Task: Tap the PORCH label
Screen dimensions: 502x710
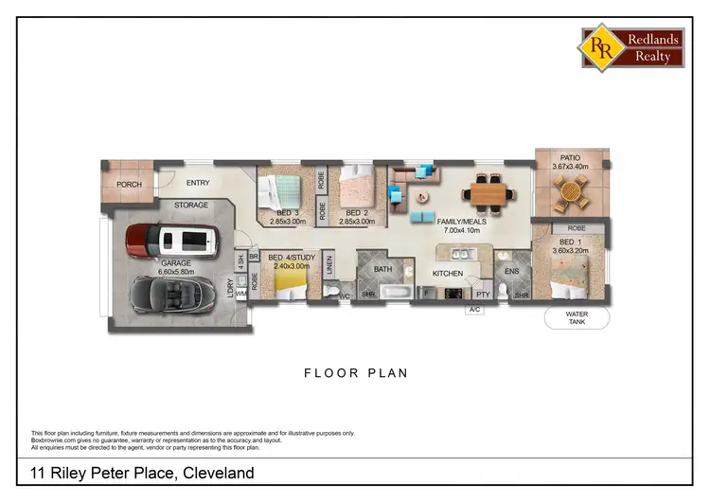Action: (x=129, y=185)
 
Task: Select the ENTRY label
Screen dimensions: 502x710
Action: (x=199, y=183)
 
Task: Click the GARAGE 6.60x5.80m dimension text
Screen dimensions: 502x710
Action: (x=175, y=267)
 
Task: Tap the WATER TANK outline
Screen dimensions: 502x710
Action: (x=577, y=318)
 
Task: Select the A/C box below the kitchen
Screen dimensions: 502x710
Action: (x=475, y=310)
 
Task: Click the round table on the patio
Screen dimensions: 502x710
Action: (x=570, y=194)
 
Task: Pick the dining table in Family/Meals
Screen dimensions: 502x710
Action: (x=488, y=192)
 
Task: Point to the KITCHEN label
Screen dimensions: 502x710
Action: (x=448, y=273)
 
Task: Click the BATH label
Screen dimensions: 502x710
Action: (x=382, y=269)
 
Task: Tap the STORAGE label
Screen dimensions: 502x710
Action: (x=190, y=205)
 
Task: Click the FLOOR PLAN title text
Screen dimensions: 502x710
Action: (x=355, y=373)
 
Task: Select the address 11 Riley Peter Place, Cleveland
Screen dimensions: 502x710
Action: (x=142, y=473)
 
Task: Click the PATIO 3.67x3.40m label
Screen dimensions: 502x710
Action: (x=570, y=163)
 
